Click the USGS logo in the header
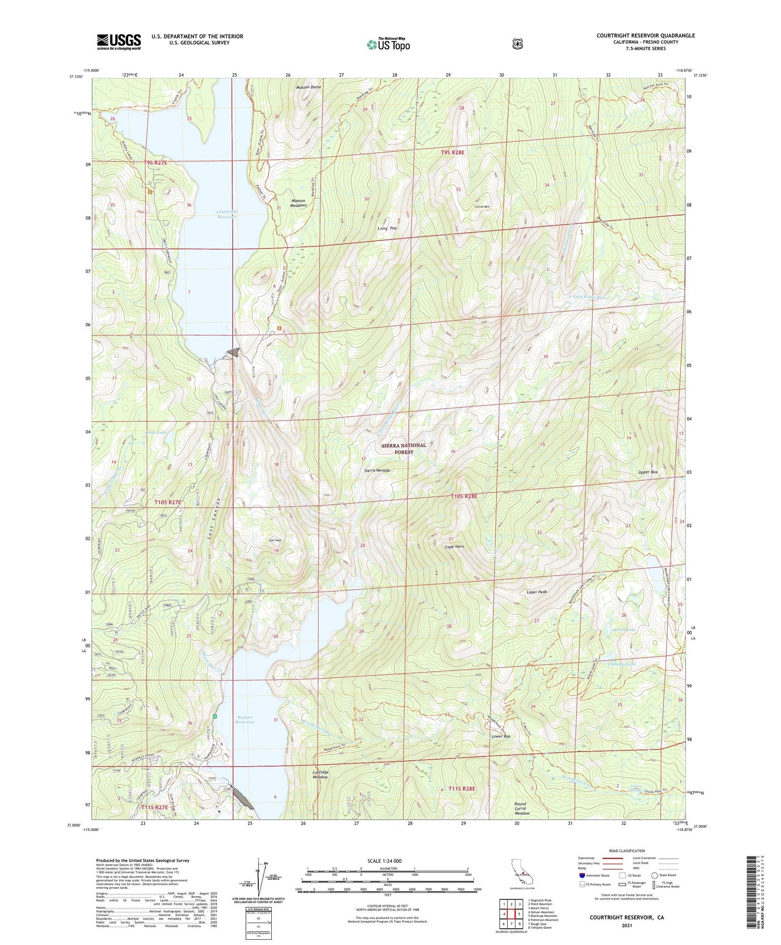point(119,42)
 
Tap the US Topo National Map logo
point(388,44)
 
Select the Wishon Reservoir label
point(244,719)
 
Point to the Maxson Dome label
point(309,87)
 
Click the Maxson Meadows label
point(299,203)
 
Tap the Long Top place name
point(387,228)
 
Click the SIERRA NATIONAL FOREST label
point(404,449)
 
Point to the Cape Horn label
point(454,547)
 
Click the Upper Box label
point(648,472)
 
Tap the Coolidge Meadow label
point(320,775)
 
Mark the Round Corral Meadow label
point(522,808)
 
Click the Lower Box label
point(501,737)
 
